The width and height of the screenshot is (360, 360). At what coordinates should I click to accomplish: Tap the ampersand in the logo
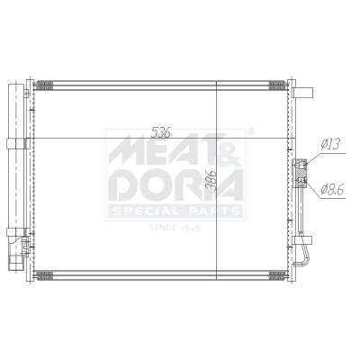tap(228, 146)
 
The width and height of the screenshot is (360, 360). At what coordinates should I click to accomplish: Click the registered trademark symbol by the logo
tap(251, 131)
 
